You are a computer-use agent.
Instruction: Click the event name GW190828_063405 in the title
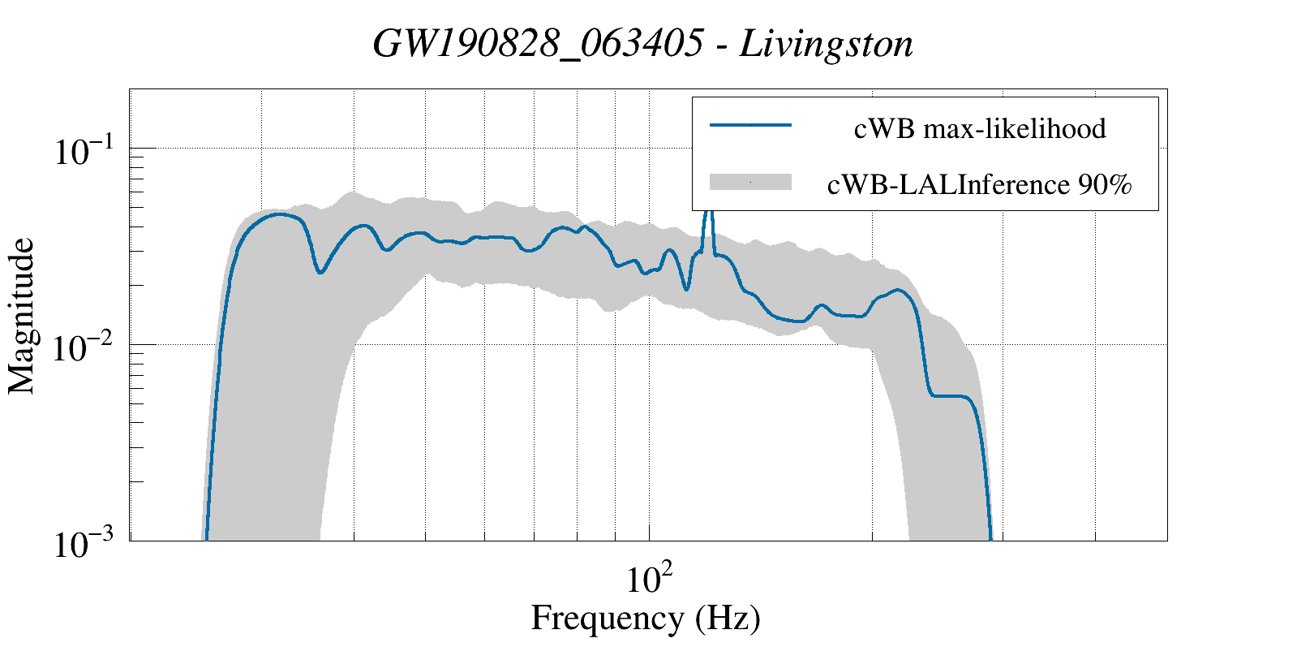(538, 45)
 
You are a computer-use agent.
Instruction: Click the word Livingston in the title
(827, 45)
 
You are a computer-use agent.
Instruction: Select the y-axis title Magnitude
(22, 316)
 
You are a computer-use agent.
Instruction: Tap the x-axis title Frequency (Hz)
(646, 619)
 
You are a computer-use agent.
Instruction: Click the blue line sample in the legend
(750, 126)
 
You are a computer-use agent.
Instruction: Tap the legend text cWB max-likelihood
(980, 128)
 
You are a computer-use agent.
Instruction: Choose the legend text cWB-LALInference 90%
(980, 185)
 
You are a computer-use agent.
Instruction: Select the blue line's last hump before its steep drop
(897, 290)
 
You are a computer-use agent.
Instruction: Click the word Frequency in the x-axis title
(607, 619)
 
